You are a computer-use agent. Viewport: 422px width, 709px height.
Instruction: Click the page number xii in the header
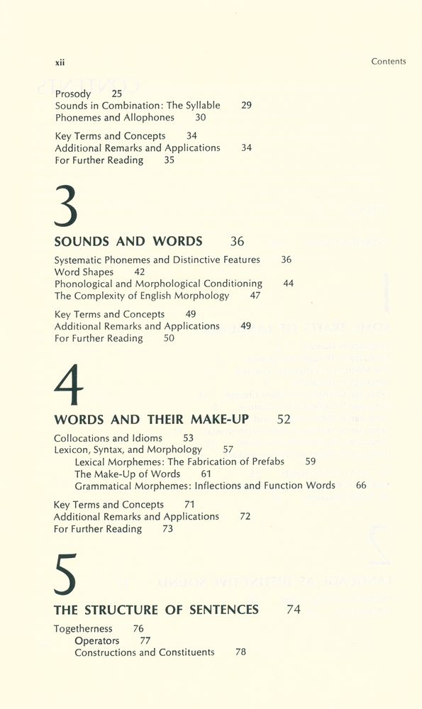coord(60,62)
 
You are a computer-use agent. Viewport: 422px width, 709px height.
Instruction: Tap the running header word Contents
coord(388,62)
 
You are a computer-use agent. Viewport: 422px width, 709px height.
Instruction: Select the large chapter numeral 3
coord(66,205)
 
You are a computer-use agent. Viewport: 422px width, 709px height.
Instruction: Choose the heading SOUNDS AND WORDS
coord(128,241)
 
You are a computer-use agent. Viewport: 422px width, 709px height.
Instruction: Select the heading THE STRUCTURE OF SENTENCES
coord(156,610)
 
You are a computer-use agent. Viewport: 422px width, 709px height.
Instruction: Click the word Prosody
coord(73,94)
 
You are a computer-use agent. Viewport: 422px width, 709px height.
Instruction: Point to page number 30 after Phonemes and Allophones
coord(201,118)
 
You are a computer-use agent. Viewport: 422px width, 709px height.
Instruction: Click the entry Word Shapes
coord(84,272)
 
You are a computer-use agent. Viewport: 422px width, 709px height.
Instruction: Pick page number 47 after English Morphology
coord(255,296)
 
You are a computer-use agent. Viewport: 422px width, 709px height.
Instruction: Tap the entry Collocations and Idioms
coord(108,438)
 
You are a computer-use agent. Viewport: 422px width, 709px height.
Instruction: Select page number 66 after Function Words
coord(361,486)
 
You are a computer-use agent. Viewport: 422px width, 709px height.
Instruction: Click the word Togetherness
coord(83,629)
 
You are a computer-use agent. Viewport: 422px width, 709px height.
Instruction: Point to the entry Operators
coord(97,641)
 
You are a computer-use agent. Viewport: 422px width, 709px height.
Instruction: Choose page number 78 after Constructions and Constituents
coord(240,652)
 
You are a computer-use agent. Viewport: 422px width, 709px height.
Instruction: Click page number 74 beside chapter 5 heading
coord(294,610)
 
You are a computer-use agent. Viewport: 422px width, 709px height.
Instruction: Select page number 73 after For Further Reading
coord(167,529)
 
